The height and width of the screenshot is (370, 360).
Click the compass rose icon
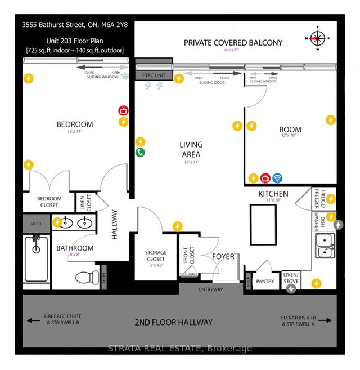pyautogui.click(x=316, y=39)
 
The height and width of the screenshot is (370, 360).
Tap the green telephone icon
pyautogui.click(x=140, y=152)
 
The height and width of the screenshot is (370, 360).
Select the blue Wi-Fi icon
pyautogui.click(x=277, y=178)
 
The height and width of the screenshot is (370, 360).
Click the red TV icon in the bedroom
pyautogui.click(x=122, y=111)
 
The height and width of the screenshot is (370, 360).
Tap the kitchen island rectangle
pyautogui.click(x=262, y=225)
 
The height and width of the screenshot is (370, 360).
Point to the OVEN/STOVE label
pyautogui.click(x=292, y=277)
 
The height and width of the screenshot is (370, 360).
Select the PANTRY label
pyautogui.click(x=265, y=280)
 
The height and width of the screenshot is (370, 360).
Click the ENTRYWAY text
pyautogui.click(x=211, y=289)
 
